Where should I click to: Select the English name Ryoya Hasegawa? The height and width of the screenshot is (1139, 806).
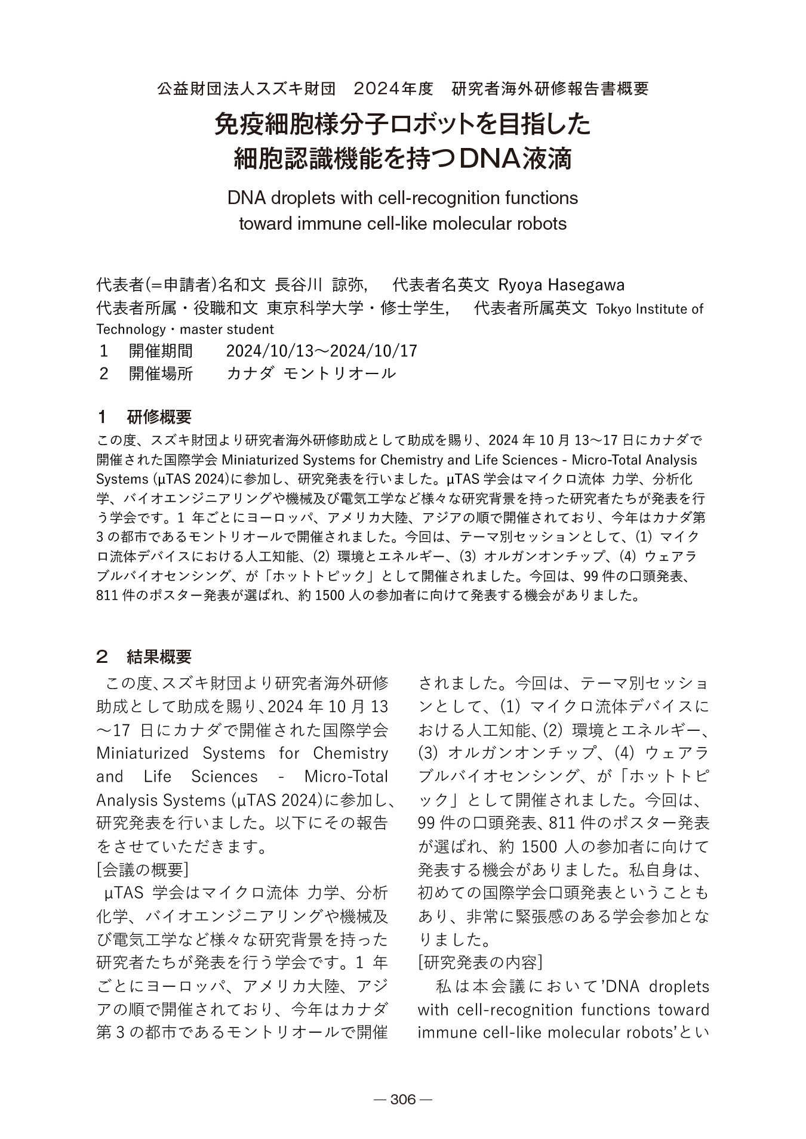[x=561, y=285]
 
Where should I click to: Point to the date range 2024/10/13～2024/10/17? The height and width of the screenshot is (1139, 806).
[x=321, y=350]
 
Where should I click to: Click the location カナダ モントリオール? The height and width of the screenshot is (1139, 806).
[x=311, y=374]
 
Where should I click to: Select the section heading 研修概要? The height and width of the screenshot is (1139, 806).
[x=159, y=416]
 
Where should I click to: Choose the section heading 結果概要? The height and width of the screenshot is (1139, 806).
[x=159, y=657]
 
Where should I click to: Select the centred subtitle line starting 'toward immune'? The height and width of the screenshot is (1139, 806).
[x=402, y=224]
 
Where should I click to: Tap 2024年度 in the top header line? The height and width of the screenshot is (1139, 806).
[x=393, y=89]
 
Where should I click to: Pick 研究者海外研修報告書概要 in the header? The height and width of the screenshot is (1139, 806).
[x=550, y=89]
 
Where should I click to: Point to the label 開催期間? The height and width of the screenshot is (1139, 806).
[x=161, y=350]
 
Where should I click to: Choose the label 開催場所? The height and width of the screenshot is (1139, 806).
[x=161, y=374]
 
